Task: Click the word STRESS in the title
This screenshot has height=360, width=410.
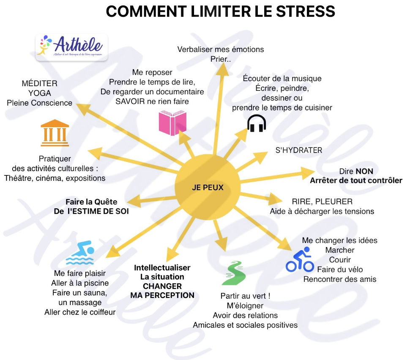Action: click(305, 11)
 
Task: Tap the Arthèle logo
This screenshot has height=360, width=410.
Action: click(71, 47)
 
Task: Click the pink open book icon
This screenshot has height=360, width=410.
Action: click(172, 123)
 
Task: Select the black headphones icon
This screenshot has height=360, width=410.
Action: click(257, 123)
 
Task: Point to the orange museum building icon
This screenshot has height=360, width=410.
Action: click(55, 132)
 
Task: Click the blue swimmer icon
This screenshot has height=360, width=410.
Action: click(80, 252)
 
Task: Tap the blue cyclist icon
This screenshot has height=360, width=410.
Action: click(300, 259)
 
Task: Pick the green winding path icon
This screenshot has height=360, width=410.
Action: click(233, 273)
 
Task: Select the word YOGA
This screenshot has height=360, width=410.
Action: click(40, 93)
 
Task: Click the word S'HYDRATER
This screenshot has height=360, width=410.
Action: click(299, 150)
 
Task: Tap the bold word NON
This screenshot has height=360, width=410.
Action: click(364, 172)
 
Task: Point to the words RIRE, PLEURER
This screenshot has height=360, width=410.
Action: click(322, 202)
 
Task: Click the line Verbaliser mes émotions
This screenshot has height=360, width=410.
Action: click(221, 49)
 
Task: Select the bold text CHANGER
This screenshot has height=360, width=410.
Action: click(162, 286)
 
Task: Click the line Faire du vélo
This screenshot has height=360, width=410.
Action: click(340, 270)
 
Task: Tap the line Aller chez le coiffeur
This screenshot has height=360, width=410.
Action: click(80, 312)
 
